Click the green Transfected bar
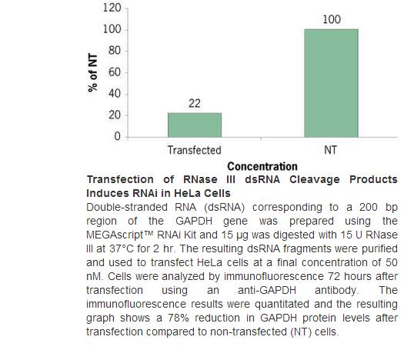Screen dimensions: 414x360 coord(195,125)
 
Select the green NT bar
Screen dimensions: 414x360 coord(331,83)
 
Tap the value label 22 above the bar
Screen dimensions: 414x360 coord(195,103)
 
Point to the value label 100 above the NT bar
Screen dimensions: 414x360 coord(332,19)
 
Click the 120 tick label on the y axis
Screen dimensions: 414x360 coord(112,8)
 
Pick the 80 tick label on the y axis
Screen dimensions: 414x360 coord(115,51)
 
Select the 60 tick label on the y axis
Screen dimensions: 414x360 coord(115,72)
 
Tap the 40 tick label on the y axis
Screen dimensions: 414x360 coord(115,94)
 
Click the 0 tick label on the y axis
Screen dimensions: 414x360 coord(118,136)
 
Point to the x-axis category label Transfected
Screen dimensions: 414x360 coord(195,150)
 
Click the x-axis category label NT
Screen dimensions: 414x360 coord(330,150)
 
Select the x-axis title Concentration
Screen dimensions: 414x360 coord(262,167)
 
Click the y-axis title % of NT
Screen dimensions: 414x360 coord(92,72)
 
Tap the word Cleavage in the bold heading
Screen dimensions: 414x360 coord(315,179)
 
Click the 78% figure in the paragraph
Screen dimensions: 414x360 coord(179,318)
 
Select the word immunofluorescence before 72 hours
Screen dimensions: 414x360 coord(274,276)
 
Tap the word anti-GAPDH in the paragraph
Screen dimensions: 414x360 coord(267,290)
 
